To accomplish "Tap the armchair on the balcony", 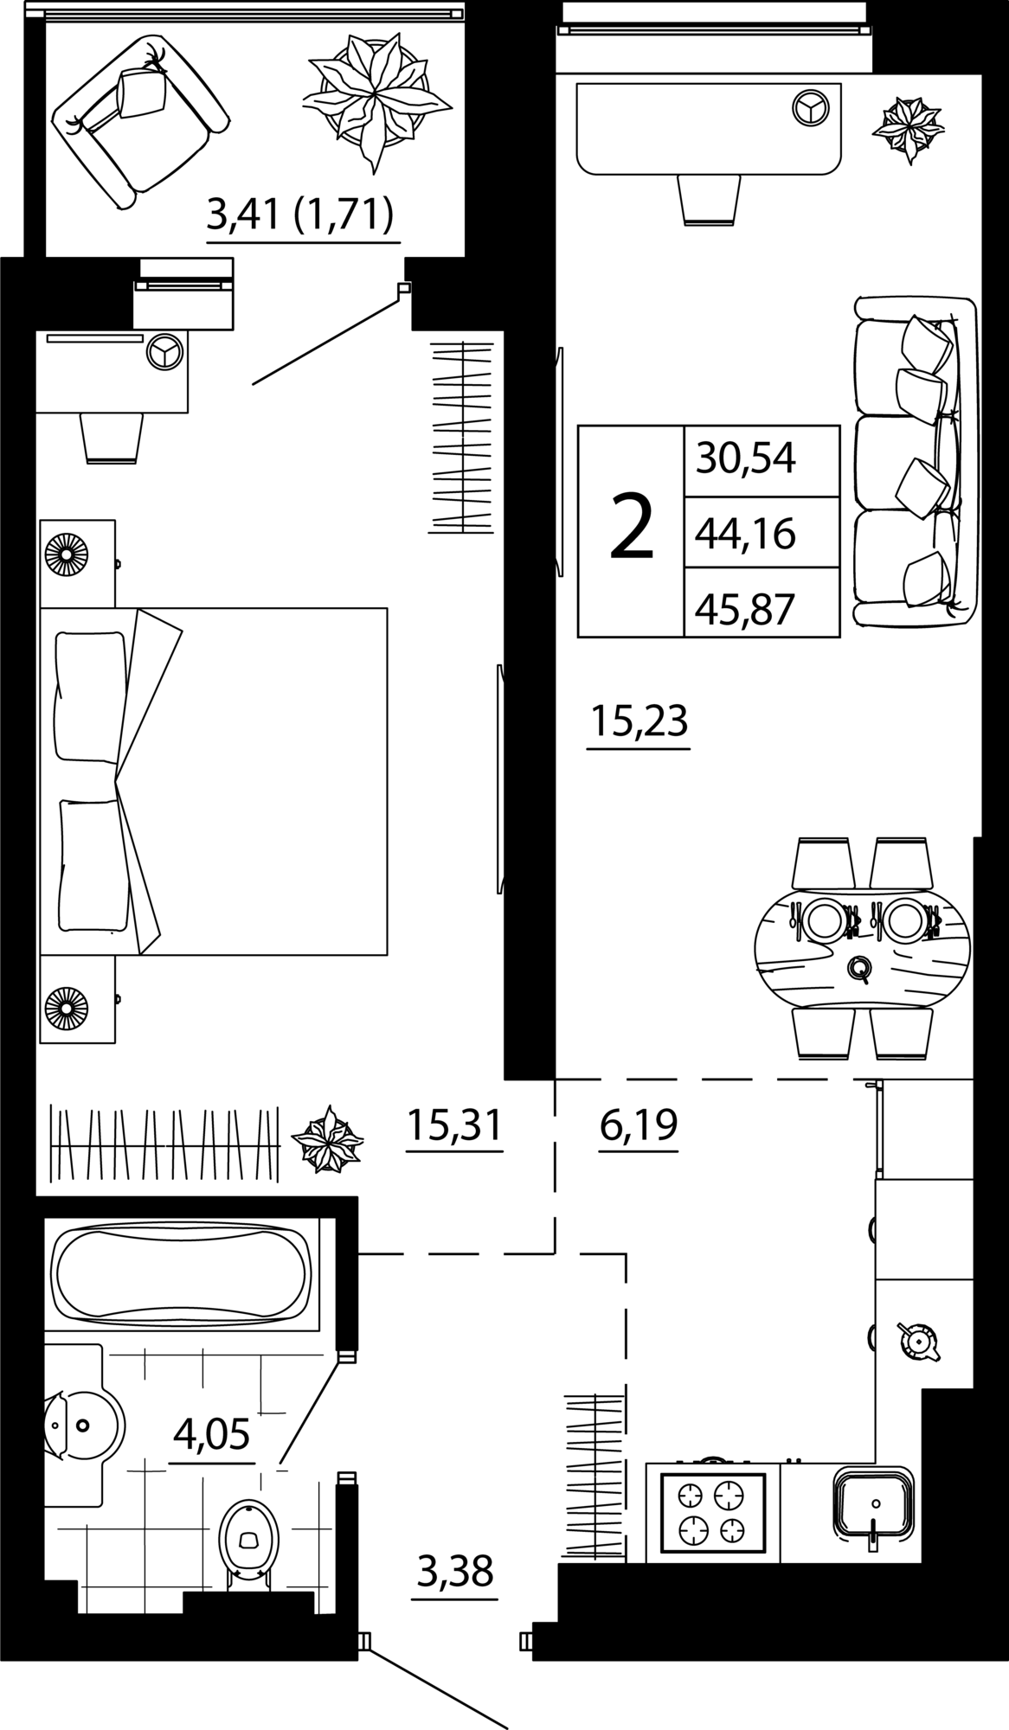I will (138, 121).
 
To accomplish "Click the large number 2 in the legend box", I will (631, 531).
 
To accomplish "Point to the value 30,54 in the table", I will (745, 459).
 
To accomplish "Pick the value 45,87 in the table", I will (745, 610).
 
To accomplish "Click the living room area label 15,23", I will (639, 721).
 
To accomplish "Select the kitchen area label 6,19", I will (638, 1125).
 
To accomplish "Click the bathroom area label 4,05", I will (212, 1434).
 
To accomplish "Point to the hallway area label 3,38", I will (455, 1570).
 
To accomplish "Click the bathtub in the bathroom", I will (180, 1272).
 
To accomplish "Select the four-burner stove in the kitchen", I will (713, 1510).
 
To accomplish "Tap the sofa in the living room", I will (914, 462).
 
